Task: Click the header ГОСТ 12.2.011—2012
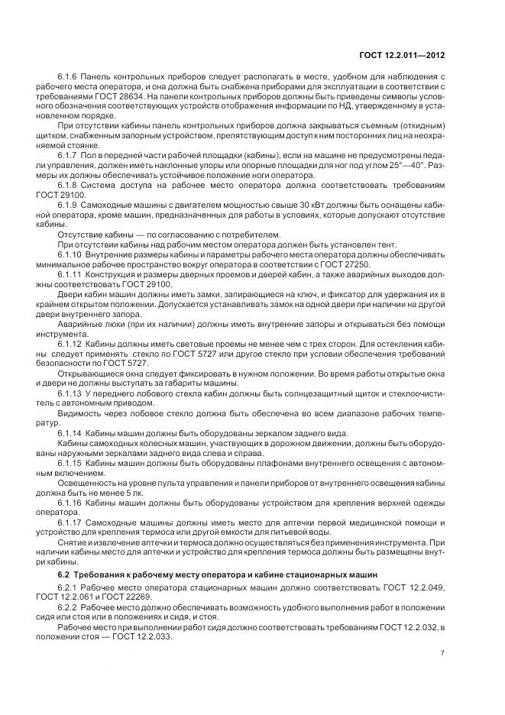pos(403,54)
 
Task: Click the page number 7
pos(443,652)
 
